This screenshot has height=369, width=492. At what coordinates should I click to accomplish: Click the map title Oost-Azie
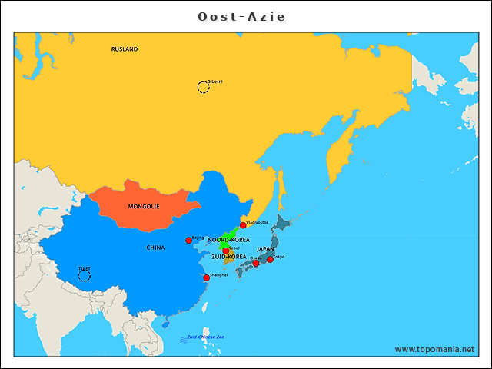(x=246, y=16)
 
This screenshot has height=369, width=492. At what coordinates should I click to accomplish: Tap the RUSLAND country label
(x=125, y=49)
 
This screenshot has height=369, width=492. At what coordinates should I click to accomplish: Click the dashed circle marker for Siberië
(x=203, y=87)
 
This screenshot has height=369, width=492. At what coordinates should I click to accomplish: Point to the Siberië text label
(x=215, y=81)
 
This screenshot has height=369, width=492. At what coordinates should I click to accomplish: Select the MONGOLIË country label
(x=144, y=207)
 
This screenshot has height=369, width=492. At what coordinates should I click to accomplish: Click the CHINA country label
(x=155, y=248)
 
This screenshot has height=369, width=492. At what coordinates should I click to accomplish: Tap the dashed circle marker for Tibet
(x=85, y=275)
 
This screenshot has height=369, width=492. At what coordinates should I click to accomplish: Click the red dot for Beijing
(x=189, y=241)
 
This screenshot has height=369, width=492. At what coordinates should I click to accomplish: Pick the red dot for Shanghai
(x=206, y=278)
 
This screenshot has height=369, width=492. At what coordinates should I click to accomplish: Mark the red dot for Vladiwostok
(x=243, y=225)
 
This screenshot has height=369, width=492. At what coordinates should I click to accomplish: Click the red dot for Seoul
(x=226, y=251)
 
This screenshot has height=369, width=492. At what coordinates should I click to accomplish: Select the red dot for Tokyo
(x=270, y=259)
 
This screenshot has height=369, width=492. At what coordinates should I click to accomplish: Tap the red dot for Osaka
(x=256, y=264)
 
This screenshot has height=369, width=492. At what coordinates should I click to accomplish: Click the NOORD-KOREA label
(x=228, y=240)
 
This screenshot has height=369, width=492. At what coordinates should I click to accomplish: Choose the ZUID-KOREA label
(x=229, y=257)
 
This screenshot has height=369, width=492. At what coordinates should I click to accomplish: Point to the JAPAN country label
(x=265, y=249)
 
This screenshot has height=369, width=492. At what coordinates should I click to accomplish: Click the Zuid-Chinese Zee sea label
(x=205, y=337)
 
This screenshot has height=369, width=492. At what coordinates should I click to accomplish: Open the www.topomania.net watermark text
(x=434, y=349)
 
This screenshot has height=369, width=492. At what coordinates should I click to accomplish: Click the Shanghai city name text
(x=218, y=274)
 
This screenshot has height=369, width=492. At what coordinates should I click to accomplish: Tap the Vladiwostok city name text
(x=258, y=222)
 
